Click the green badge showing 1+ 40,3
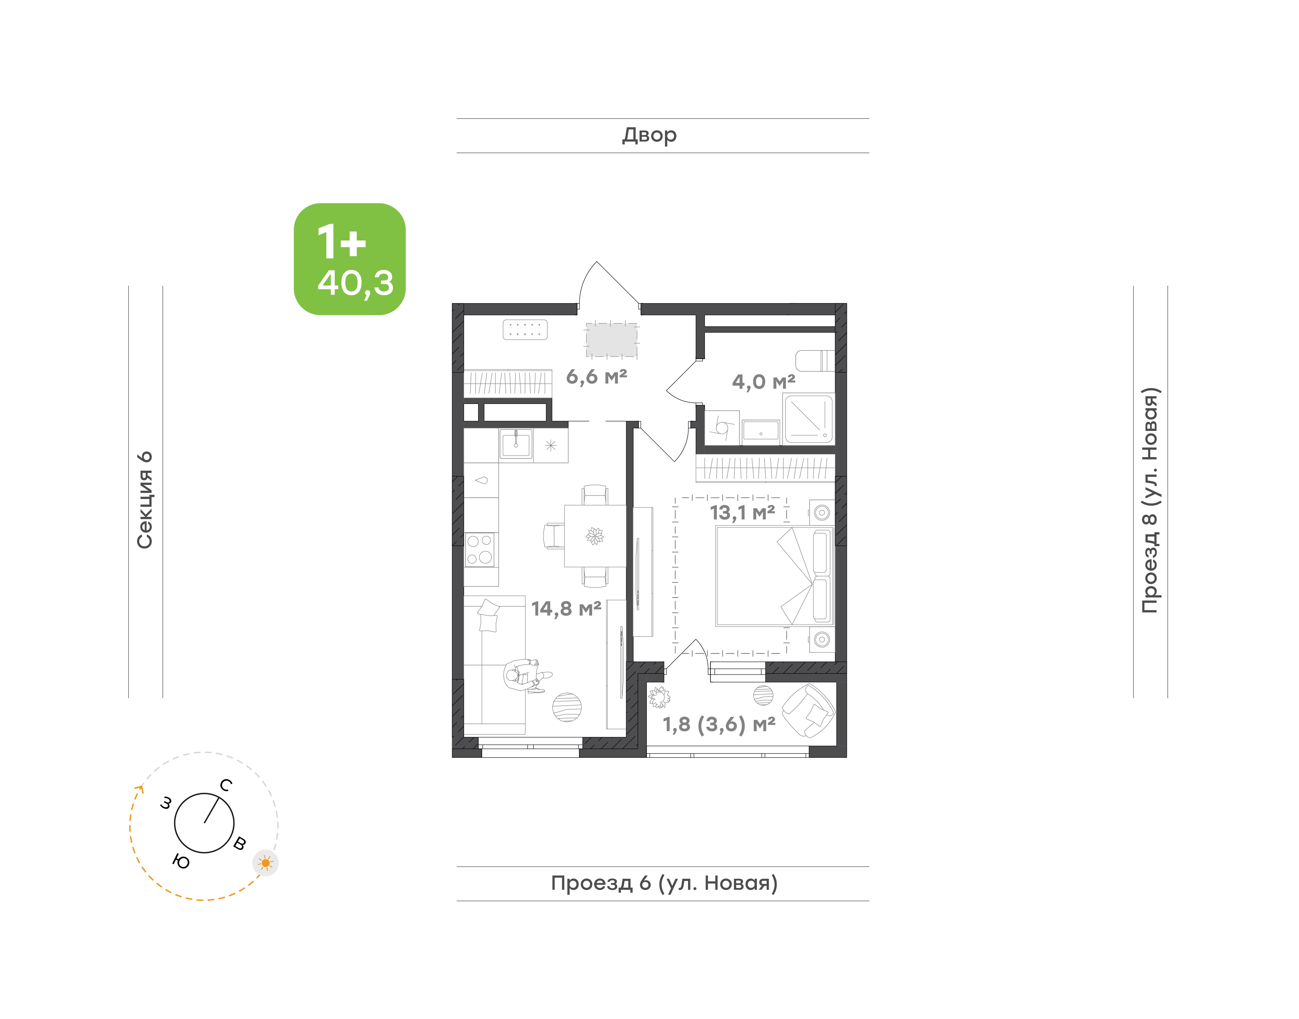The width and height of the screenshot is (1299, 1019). (x=350, y=259)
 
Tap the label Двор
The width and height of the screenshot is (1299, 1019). (x=649, y=135)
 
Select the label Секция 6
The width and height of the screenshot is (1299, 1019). (x=145, y=500)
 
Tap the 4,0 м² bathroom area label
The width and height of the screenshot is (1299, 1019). (x=763, y=381)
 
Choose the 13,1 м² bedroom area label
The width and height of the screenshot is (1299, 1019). (x=742, y=513)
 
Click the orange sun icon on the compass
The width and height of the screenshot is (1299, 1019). (x=265, y=863)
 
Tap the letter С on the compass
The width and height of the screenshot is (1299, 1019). (x=226, y=785)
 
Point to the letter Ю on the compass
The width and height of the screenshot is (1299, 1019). (x=181, y=861)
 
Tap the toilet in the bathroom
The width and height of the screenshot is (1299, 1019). (x=814, y=361)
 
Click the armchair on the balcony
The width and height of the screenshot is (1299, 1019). (x=808, y=711)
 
